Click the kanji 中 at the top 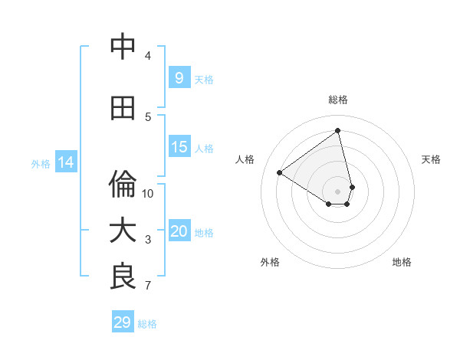pyautogui.click(x=123, y=47)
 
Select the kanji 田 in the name pyautogui.click(x=123, y=108)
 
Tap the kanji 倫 pyautogui.click(x=123, y=185)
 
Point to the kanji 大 pyautogui.click(x=123, y=231)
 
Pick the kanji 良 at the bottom pyautogui.click(x=123, y=277)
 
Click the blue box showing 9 pyautogui.click(x=179, y=77)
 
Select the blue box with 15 pyautogui.click(x=179, y=147)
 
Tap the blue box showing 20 pyautogui.click(x=179, y=231)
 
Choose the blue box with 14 pyautogui.click(x=65, y=162)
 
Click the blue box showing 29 pyautogui.click(x=122, y=322)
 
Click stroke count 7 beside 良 pyautogui.click(x=148, y=286)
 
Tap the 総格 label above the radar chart pyautogui.click(x=338, y=100)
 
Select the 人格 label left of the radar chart pyautogui.click(x=245, y=159)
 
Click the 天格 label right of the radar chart pyautogui.click(x=431, y=159)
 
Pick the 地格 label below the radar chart pyautogui.click(x=402, y=262)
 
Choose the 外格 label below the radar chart pyautogui.click(x=270, y=262)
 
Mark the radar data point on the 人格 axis pyautogui.click(x=279, y=172)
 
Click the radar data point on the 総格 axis pyautogui.click(x=338, y=130)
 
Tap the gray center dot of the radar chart pyautogui.click(x=338, y=191)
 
